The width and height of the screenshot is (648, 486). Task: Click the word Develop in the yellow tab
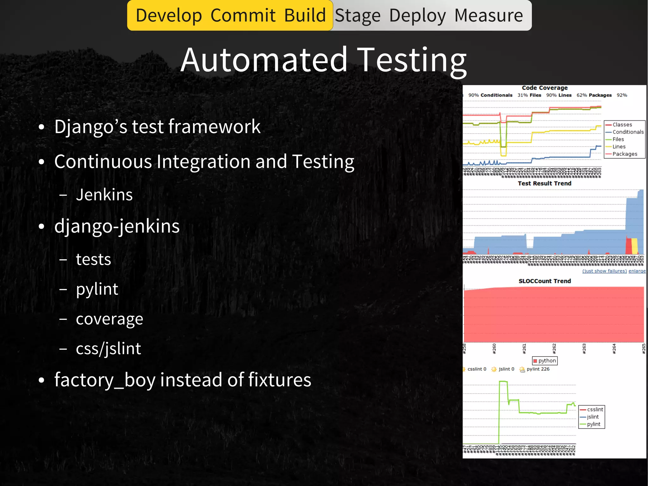tap(169, 16)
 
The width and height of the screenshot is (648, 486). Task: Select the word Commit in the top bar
tap(243, 16)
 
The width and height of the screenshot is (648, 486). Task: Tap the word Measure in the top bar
tap(489, 16)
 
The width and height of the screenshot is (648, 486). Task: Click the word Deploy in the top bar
tap(417, 16)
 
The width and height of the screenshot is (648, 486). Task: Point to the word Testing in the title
tap(413, 60)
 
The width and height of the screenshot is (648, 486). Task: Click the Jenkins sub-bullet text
tap(104, 195)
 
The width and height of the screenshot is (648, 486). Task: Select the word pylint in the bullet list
tap(97, 289)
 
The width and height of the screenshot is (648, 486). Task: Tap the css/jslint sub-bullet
tap(108, 349)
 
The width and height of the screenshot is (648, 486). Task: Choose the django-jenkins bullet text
tap(117, 226)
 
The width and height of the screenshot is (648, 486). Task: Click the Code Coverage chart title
tap(545, 88)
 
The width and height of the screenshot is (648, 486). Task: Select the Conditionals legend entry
tap(628, 132)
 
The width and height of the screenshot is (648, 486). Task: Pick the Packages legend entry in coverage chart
tap(625, 154)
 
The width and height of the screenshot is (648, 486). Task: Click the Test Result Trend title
tap(544, 183)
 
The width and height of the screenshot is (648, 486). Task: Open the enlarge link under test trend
tap(637, 271)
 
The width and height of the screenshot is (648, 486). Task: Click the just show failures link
tap(604, 271)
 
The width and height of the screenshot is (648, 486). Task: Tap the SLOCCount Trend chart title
tap(545, 281)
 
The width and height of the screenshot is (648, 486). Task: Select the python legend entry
tap(547, 361)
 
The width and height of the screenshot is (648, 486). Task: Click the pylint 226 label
tap(538, 369)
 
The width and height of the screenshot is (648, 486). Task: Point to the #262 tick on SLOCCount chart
tap(554, 348)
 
